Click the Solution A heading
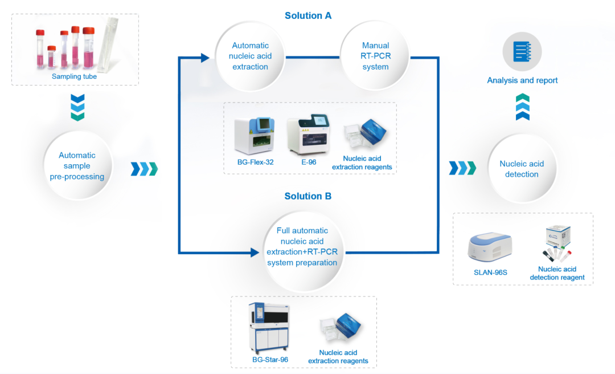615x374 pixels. (x=308, y=16)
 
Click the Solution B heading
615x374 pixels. (x=308, y=196)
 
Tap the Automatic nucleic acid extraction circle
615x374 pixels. (x=250, y=56)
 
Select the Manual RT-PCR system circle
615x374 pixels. (x=375, y=56)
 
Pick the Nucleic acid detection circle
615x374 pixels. (x=522, y=169)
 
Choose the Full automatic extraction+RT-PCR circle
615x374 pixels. (x=302, y=247)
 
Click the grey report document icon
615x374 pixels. (x=522, y=52)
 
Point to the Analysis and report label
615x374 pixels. (x=522, y=80)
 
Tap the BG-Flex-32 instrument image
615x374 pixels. (x=256, y=135)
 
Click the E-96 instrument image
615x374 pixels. (x=308, y=136)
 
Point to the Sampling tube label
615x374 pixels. (x=75, y=76)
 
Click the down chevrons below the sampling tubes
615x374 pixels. (x=77, y=108)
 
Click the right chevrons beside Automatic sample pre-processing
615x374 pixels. (x=143, y=169)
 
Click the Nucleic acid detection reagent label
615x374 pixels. (x=557, y=273)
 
